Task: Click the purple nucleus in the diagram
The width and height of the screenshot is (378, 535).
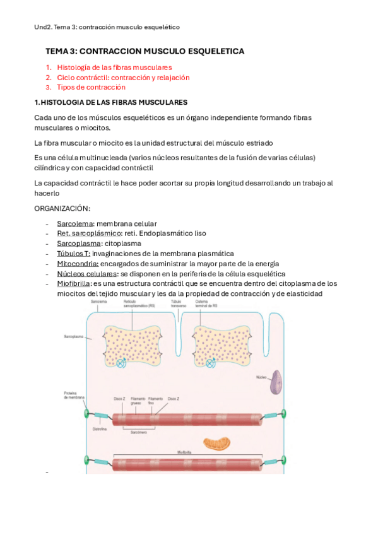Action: coord(276,382)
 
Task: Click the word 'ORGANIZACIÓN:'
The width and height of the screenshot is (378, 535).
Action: coord(62,208)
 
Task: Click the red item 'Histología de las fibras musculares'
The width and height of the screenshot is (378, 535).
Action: coord(114,67)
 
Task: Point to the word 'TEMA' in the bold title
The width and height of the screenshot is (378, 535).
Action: coord(57,51)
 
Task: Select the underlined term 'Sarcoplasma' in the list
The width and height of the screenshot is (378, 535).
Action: coord(78,244)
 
